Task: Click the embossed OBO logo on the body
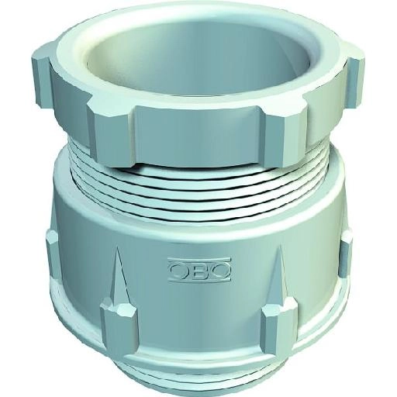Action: click(x=199, y=269)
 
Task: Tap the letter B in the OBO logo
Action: click(x=199, y=270)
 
